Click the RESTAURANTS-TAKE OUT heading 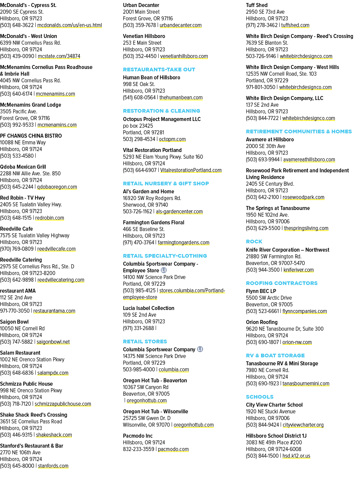[x=159, y=70]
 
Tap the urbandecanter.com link [x=181, y=25]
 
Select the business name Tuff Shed [x=257, y=5]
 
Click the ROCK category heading [x=254, y=241]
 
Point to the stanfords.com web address [x=53, y=466]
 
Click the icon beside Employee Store [x=164, y=270]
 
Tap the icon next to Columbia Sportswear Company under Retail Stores [x=200, y=349]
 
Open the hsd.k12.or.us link [x=296, y=456]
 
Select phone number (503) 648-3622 [x=17, y=25]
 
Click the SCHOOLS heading [x=260, y=397]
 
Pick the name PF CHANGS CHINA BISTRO [x=31, y=136]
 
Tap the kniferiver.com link [x=299, y=270]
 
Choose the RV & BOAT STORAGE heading [x=275, y=356]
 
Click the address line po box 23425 [x=138, y=126]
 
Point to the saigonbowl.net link [x=53, y=342]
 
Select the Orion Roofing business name [x=262, y=322]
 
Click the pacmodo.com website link [x=173, y=449]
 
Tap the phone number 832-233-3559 [x=139, y=449]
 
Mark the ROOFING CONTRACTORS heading [x=282, y=283]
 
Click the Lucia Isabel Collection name [x=149, y=308]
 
